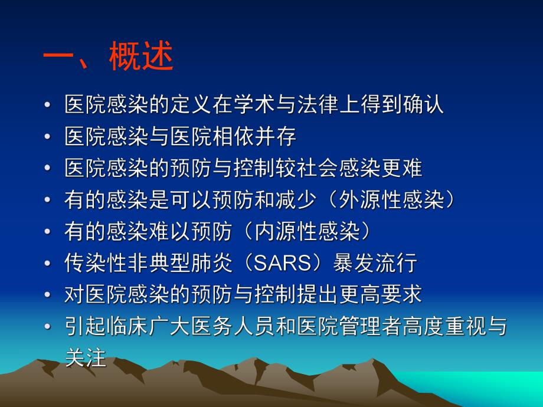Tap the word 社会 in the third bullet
[x=339, y=169]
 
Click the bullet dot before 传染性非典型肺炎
[x=48, y=264]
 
